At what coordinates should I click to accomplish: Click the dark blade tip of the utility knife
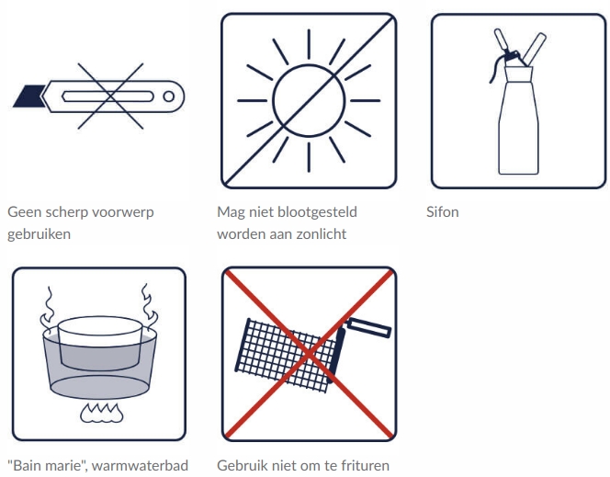[x=28, y=96]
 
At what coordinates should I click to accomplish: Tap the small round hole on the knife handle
[x=168, y=97]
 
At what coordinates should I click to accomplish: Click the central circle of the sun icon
[x=309, y=101]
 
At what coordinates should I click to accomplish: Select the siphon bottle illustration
[x=518, y=101]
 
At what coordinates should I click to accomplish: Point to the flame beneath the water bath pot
[x=102, y=413]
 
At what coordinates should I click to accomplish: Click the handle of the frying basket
[x=368, y=327]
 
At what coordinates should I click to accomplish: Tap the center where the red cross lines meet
[x=309, y=354]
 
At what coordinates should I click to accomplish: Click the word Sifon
[x=442, y=212]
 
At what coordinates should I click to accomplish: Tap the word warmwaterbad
[x=140, y=465]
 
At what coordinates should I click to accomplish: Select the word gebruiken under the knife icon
[x=39, y=234]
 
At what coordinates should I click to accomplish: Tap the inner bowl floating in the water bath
[x=99, y=343]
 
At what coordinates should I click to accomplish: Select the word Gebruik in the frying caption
[x=240, y=465]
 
